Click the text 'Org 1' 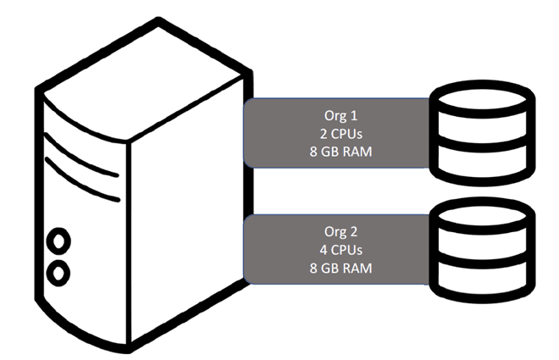pyautogui.click(x=336, y=114)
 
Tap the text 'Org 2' pyautogui.click(x=336, y=231)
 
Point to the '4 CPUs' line pyautogui.click(x=336, y=250)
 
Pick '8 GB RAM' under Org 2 pyautogui.click(x=336, y=269)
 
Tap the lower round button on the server pyautogui.click(x=58, y=272)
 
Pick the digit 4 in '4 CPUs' pyautogui.click(x=316, y=250)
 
